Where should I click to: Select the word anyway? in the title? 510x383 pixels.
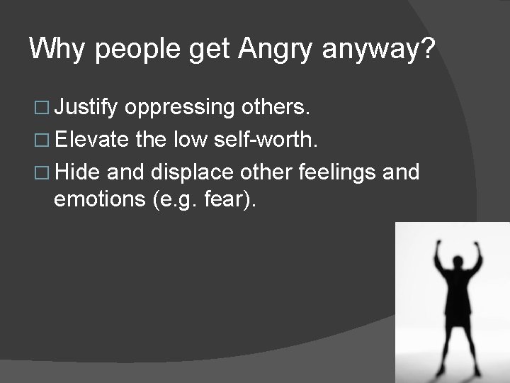(x=380, y=51)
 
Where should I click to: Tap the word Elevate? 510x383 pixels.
(x=91, y=140)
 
